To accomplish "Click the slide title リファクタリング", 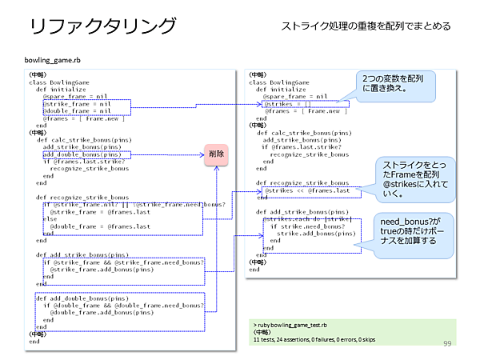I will point(102,26).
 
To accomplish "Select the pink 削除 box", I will point(217,154).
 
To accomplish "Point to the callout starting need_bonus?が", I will point(414,230).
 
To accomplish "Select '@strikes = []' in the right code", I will point(286,103).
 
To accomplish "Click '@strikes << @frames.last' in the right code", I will point(306,190).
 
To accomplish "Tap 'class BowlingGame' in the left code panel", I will point(58,82).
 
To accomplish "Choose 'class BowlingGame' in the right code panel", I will point(279,82).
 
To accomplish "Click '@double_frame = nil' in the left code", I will point(77,111).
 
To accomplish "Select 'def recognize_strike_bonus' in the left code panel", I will point(82,197).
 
